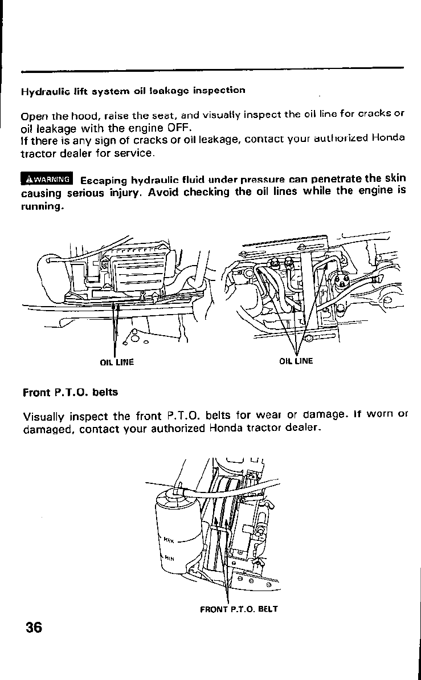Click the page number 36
click(x=34, y=627)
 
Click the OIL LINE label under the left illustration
click(x=116, y=362)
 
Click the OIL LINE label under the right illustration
click(x=296, y=361)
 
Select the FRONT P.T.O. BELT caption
click(x=239, y=609)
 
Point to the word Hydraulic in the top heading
click(x=41, y=91)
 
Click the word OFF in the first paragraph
click(x=170, y=127)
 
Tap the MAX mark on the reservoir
click(x=169, y=538)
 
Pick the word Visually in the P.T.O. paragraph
click(x=44, y=414)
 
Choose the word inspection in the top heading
click(x=219, y=90)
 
